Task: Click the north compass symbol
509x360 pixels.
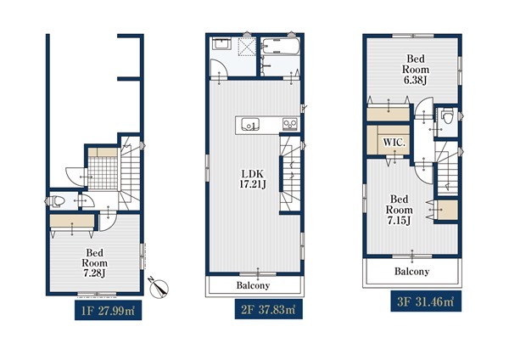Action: point(159,288)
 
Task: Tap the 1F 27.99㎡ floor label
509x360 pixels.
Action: point(108,311)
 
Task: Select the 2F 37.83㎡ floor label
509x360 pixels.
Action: point(268,309)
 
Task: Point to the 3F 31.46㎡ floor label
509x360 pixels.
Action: point(426,302)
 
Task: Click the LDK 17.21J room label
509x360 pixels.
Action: point(253,179)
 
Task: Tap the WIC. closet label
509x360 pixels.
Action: point(394,143)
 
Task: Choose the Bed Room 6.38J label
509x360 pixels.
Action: point(416,70)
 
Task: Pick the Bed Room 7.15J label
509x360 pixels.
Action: point(400,210)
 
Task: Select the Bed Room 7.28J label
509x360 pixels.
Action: point(94,263)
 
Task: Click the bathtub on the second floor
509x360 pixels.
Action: point(280,47)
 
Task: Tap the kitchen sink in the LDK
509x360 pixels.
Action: point(250,125)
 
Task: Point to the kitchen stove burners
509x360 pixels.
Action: point(289,125)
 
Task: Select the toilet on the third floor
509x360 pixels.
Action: point(448,116)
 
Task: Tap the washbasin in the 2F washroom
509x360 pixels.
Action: point(221,44)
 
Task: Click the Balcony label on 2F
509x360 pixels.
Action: point(253,285)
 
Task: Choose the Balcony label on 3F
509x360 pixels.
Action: point(411,272)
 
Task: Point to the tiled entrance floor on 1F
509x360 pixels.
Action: point(103,173)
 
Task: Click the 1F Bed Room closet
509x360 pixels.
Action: point(72,221)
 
